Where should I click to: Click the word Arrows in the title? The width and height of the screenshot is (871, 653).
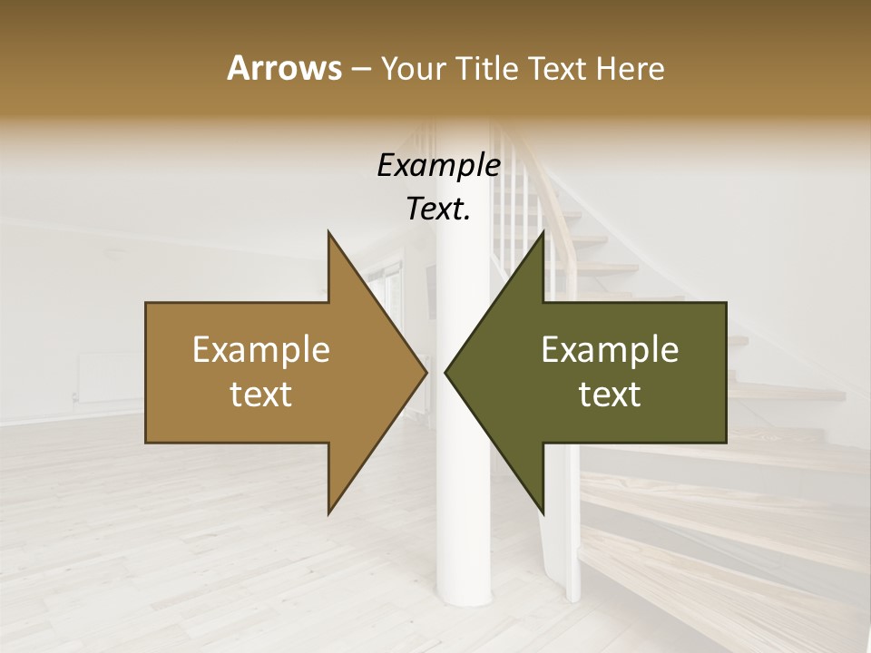point(284,68)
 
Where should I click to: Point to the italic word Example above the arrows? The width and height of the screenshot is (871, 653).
point(438,166)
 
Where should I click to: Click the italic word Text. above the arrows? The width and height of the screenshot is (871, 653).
point(438,210)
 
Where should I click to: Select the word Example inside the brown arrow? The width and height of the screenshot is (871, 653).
point(261,349)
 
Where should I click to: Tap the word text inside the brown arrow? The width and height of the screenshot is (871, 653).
point(261,395)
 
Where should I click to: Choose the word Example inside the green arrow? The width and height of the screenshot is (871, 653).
point(610,349)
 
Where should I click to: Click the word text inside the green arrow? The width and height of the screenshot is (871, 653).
point(610,395)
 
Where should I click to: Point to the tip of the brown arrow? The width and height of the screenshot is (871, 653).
point(426,372)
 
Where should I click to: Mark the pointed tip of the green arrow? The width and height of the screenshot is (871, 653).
point(446,372)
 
